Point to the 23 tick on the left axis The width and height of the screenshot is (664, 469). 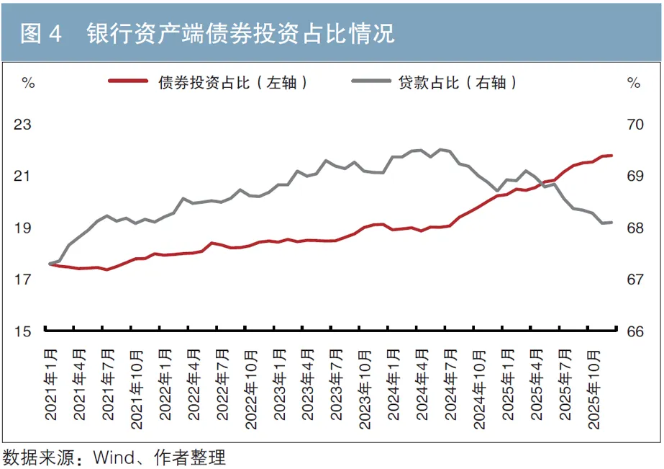coord(23,125)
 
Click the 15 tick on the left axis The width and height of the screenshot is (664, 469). coord(23,332)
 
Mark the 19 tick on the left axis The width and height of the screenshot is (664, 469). coord(23,228)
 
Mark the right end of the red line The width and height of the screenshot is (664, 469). coord(611,155)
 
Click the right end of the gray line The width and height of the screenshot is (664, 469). coord(611,222)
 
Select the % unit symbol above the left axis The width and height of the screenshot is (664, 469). coord(29,83)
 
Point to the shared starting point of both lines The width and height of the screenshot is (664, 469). coord(50,264)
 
